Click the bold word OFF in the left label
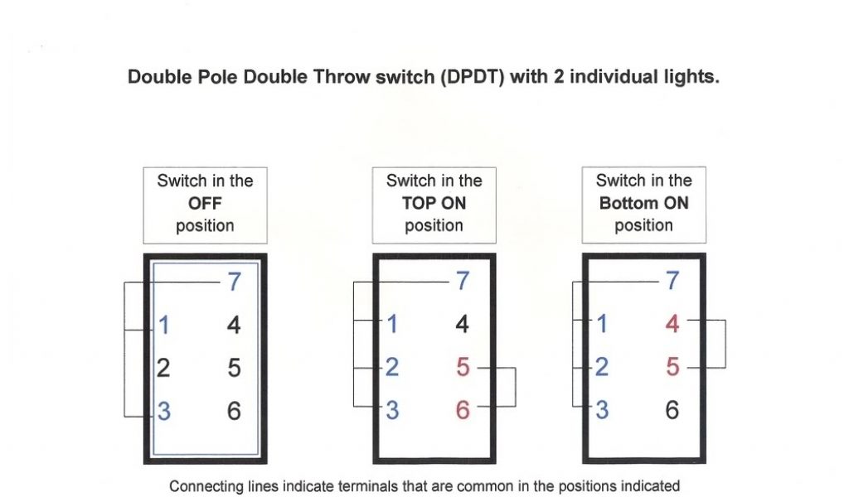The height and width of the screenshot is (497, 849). [205, 203]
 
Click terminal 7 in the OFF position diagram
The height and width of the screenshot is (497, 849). [234, 282]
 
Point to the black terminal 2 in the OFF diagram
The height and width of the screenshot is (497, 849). [163, 369]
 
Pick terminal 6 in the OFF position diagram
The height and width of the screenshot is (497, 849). [234, 411]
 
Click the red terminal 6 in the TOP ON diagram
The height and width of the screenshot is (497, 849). [463, 410]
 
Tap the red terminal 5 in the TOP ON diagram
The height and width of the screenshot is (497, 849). [463, 367]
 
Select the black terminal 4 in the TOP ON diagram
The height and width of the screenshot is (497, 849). [463, 324]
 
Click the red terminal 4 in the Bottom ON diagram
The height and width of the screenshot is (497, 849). [672, 324]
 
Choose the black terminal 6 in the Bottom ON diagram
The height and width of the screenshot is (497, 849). [672, 410]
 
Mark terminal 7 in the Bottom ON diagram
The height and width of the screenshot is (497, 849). [672, 281]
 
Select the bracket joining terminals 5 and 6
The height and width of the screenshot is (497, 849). [515, 387]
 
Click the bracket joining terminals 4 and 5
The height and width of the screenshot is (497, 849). [725, 344]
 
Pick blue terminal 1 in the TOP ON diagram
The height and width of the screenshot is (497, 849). [392, 324]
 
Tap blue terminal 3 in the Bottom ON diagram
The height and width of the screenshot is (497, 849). [602, 410]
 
